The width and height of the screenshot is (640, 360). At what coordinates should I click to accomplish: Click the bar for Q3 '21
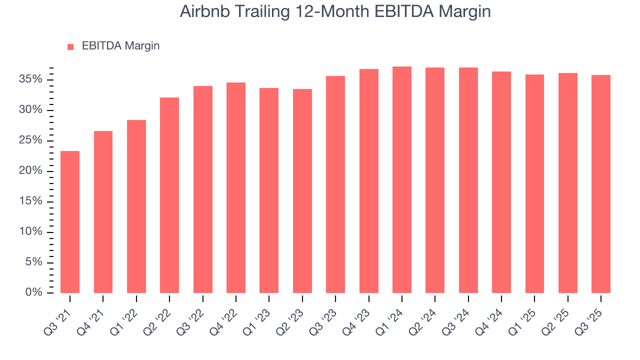(70, 222)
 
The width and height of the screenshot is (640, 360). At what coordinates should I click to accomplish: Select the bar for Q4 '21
(103, 212)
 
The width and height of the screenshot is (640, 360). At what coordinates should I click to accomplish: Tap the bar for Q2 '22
(169, 195)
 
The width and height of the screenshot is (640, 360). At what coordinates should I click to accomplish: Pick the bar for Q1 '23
(269, 190)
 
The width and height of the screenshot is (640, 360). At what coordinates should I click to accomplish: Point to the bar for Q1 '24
(402, 179)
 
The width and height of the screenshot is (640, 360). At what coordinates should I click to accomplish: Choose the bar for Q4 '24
(501, 182)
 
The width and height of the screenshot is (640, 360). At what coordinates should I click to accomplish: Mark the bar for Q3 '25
(601, 184)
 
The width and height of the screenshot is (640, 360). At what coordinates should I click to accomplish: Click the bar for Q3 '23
(335, 184)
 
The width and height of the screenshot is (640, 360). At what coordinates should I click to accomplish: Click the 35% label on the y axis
(31, 80)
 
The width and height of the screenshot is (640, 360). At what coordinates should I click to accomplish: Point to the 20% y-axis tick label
(31, 171)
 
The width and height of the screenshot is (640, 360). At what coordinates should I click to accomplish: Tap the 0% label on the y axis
(33, 292)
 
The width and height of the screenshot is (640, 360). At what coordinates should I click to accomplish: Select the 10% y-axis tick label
(31, 232)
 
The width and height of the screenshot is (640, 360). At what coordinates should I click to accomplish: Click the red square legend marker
(70, 46)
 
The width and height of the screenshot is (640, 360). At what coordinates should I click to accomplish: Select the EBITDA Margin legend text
(120, 46)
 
